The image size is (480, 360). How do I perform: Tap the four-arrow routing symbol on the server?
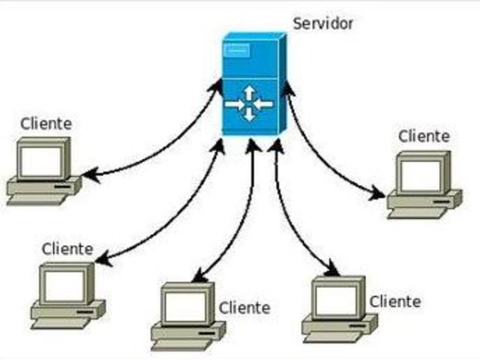coord(249,104)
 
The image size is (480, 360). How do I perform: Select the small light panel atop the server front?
coord(237,52)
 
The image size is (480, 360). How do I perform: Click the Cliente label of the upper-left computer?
coord(46,123)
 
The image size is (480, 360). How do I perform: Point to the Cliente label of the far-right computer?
coord(424,136)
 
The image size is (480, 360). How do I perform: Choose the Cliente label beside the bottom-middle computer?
coord(244,307)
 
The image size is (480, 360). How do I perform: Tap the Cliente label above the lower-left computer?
coord(67,248)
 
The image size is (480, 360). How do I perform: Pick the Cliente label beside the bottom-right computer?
coord(394,301)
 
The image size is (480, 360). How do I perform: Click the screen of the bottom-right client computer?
coord(334,300)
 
